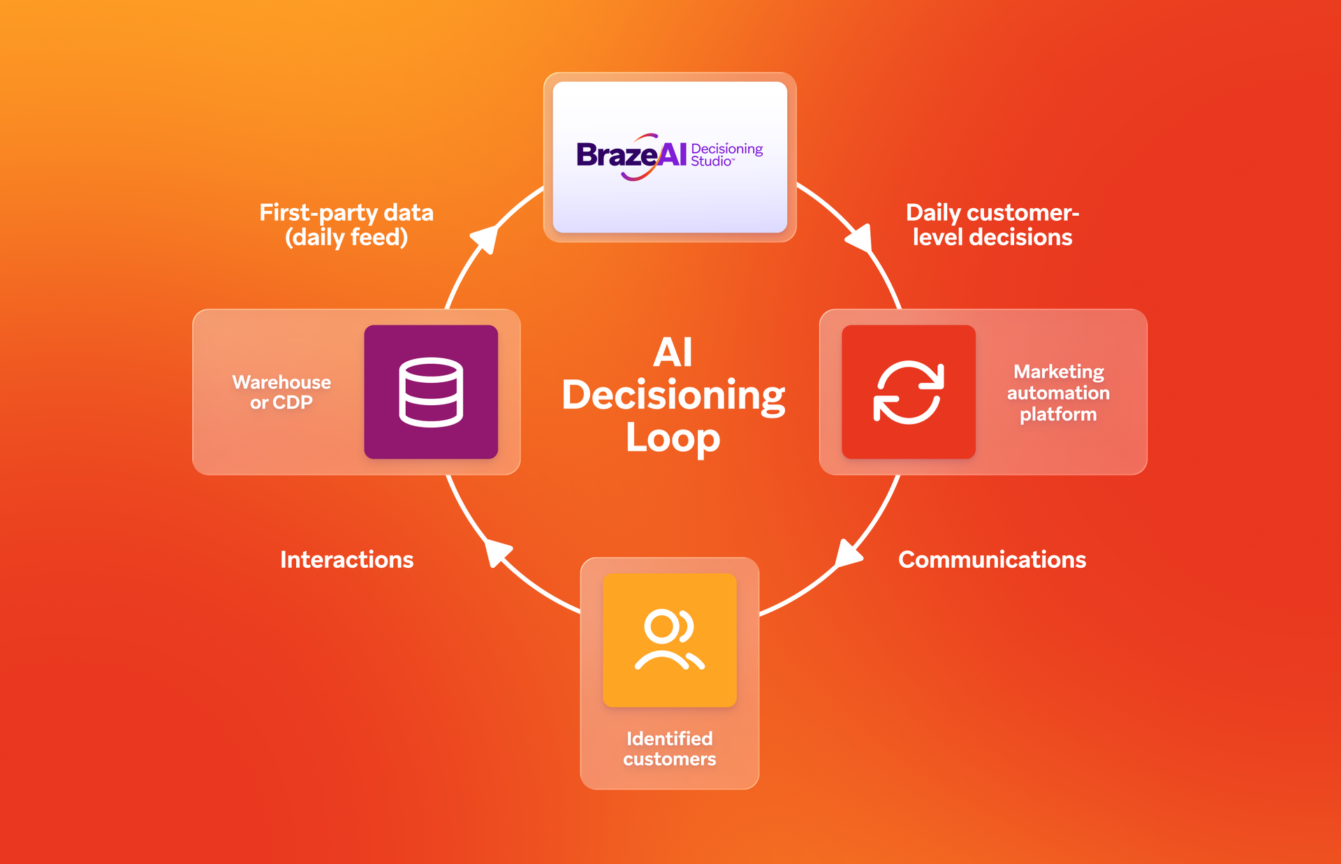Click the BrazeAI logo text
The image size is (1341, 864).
[631, 155]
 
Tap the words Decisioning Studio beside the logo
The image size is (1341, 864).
[726, 155]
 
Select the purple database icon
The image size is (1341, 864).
[431, 392]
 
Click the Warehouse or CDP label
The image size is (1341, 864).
[281, 392]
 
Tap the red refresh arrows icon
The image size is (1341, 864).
[908, 392]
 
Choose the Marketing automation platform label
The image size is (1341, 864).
[1058, 393]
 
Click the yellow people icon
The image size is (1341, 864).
[669, 640]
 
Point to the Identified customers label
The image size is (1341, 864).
[669, 749]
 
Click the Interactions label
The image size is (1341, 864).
[346, 559]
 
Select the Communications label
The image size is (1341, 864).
[992, 559]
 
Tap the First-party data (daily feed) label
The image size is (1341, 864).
[346, 225]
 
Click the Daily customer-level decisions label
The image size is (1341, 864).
[992, 225]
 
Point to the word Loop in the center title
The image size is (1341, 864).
[673, 438]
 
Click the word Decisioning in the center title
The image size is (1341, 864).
[673, 395]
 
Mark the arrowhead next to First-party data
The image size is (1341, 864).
[485, 238]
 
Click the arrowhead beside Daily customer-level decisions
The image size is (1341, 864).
[860, 238]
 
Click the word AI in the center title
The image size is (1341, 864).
[673, 353]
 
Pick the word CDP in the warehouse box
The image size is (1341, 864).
[292, 403]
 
